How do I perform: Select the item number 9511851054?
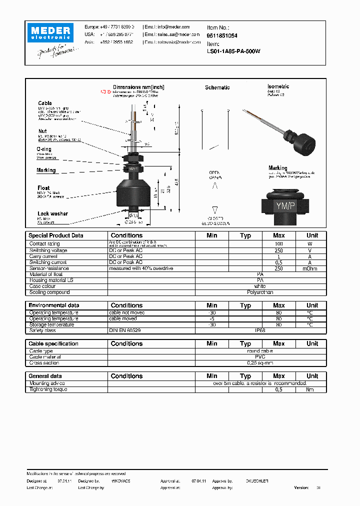tap(222, 36)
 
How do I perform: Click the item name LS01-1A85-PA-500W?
tap(233, 51)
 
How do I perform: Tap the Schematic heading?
tap(217, 87)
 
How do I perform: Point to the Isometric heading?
tap(278, 86)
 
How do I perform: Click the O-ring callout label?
tap(44, 149)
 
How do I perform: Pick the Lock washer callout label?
tap(52, 213)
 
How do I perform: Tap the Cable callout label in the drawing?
tap(45, 103)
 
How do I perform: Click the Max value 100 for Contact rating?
tap(278, 244)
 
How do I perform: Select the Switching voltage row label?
tap(48, 250)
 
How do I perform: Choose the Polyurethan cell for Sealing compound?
tap(260, 292)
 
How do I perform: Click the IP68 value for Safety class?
tap(260, 330)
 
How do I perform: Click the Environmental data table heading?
tap(53, 305)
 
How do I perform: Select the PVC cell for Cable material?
tap(260, 357)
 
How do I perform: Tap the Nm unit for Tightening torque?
tap(310, 389)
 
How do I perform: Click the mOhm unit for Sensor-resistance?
tap(310, 268)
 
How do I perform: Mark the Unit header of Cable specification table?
tap(312, 343)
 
